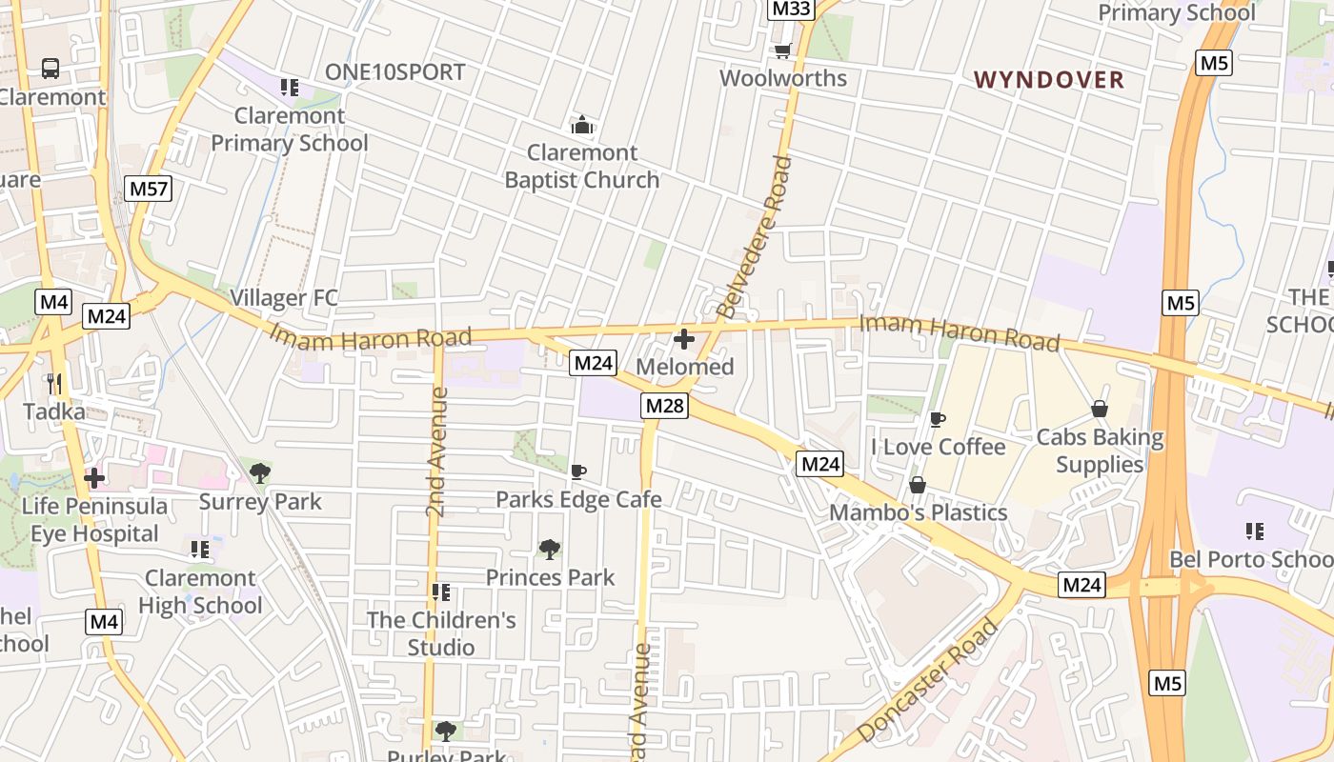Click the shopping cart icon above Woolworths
point(783,50)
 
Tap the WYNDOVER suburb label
point(1049,80)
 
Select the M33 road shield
point(791,10)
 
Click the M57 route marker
point(148,189)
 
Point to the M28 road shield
point(664,406)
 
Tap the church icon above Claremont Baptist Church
point(582,125)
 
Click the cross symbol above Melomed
point(683,339)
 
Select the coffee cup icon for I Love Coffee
point(938,419)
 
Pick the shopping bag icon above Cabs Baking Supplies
point(1100,410)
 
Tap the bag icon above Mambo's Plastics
point(917,485)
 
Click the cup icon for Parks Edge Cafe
point(577,471)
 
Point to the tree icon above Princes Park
point(549,549)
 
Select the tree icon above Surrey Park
point(259,472)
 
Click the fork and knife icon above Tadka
point(54,384)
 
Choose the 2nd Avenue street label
point(436,452)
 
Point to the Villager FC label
point(284,298)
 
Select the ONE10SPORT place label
point(395,72)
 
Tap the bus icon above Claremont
point(51,69)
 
